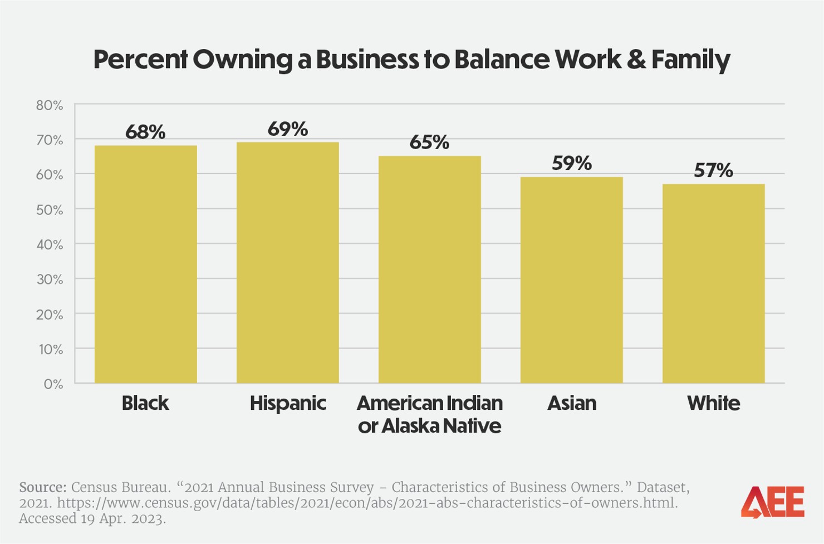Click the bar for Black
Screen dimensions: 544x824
[x=145, y=264]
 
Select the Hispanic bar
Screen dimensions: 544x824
[x=287, y=262]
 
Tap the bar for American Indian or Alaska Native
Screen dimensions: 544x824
[x=429, y=269]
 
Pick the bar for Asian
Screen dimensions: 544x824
[x=571, y=280]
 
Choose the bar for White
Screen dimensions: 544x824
[x=713, y=283]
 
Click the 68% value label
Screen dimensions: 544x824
[x=145, y=133]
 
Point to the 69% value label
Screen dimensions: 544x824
[x=287, y=129]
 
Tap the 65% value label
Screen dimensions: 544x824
[x=429, y=143]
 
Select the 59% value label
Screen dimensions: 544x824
[x=571, y=164]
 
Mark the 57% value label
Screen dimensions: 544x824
[x=713, y=171]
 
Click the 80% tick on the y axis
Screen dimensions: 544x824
[x=50, y=105]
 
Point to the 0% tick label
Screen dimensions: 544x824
[x=53, y=384]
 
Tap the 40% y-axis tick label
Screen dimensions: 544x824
[x=50, y=244]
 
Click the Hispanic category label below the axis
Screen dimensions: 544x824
[x=287, y=403]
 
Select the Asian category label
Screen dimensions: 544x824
[x=571, y=403]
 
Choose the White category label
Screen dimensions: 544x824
[x=713, y=403]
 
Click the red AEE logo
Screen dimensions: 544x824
[x=773, y=502]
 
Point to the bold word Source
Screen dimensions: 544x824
[x=42, y=487]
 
